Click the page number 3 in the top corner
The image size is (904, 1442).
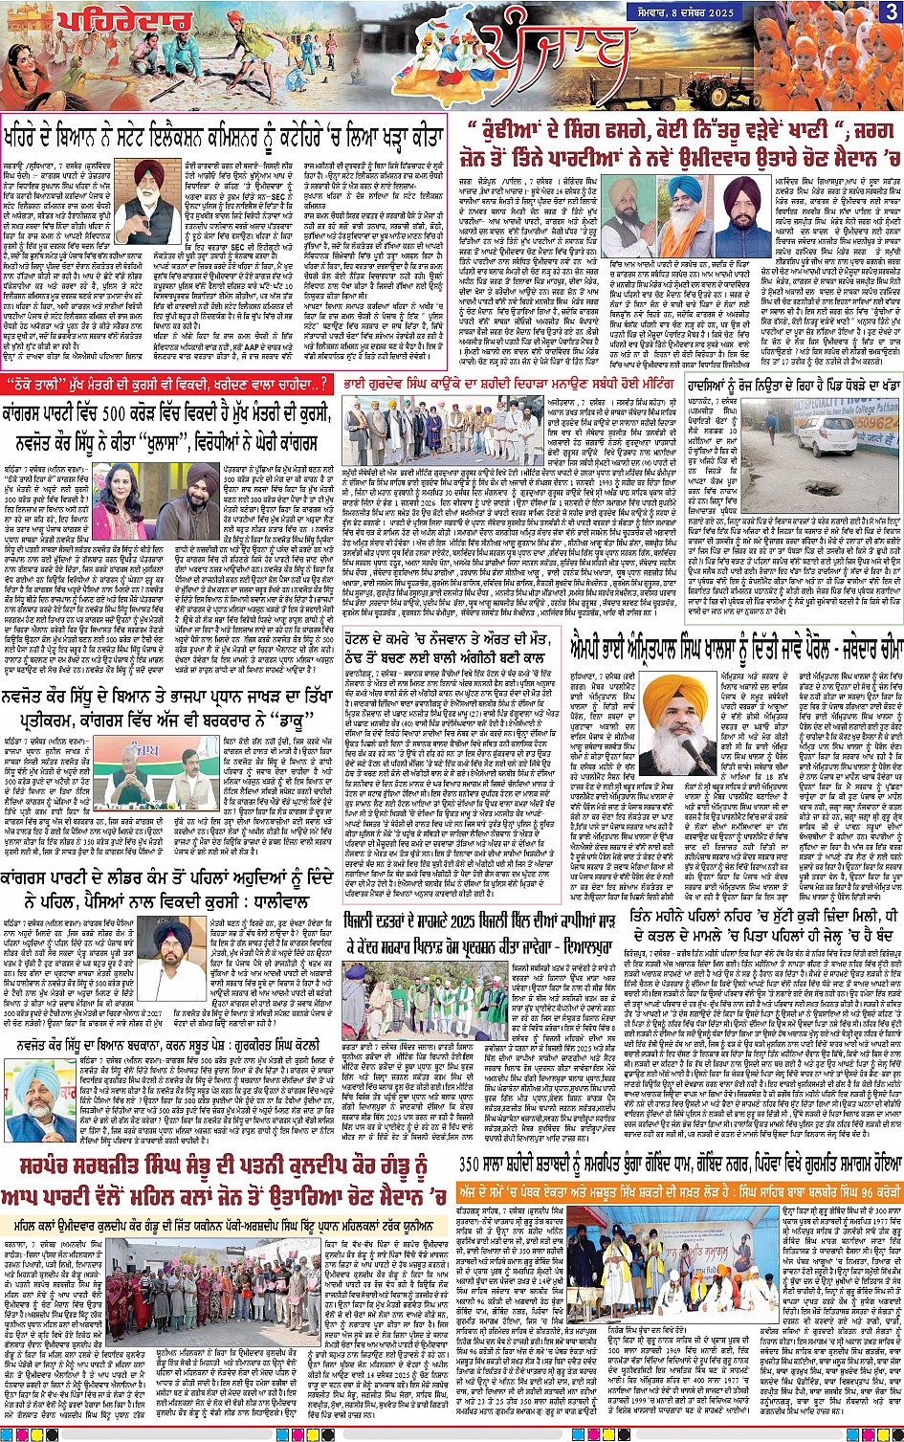891,12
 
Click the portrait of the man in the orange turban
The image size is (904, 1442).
676,725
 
